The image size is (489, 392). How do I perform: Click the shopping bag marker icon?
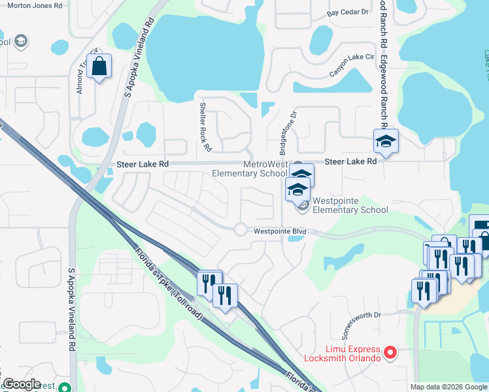99,66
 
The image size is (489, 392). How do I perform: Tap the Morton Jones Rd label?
34,5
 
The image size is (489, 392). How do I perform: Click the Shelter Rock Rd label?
206,127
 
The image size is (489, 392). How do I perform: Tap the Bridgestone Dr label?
288,127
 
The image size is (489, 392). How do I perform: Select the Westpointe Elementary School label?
350,205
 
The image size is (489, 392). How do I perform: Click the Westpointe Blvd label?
280,231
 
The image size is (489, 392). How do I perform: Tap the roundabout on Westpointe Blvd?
240,229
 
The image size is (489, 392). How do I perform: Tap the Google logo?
22,384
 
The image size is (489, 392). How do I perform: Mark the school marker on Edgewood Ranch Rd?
386,141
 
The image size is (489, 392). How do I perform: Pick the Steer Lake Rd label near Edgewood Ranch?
351,161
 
